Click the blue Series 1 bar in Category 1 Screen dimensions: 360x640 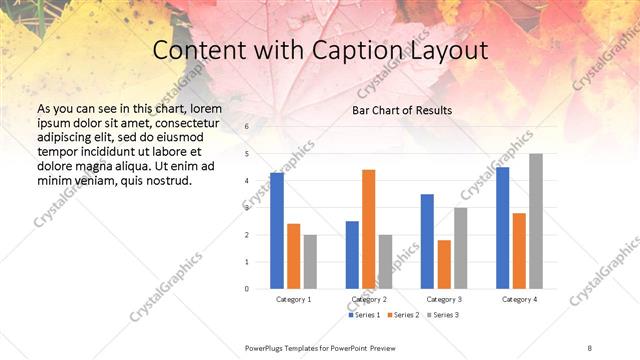point(277,231)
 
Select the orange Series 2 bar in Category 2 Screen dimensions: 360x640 point(368,229)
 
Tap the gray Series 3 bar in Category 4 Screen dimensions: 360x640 point(536,221)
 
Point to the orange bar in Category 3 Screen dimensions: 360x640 point(444,264)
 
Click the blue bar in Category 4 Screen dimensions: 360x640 point(502,228)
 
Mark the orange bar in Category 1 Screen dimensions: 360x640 point(293,256)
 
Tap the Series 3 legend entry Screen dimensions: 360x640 point(445,315)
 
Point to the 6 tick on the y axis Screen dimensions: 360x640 point(247,127)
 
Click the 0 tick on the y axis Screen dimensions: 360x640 point(247,289)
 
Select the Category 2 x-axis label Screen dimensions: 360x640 point(369,299)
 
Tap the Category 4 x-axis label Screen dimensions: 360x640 point(519,299)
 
